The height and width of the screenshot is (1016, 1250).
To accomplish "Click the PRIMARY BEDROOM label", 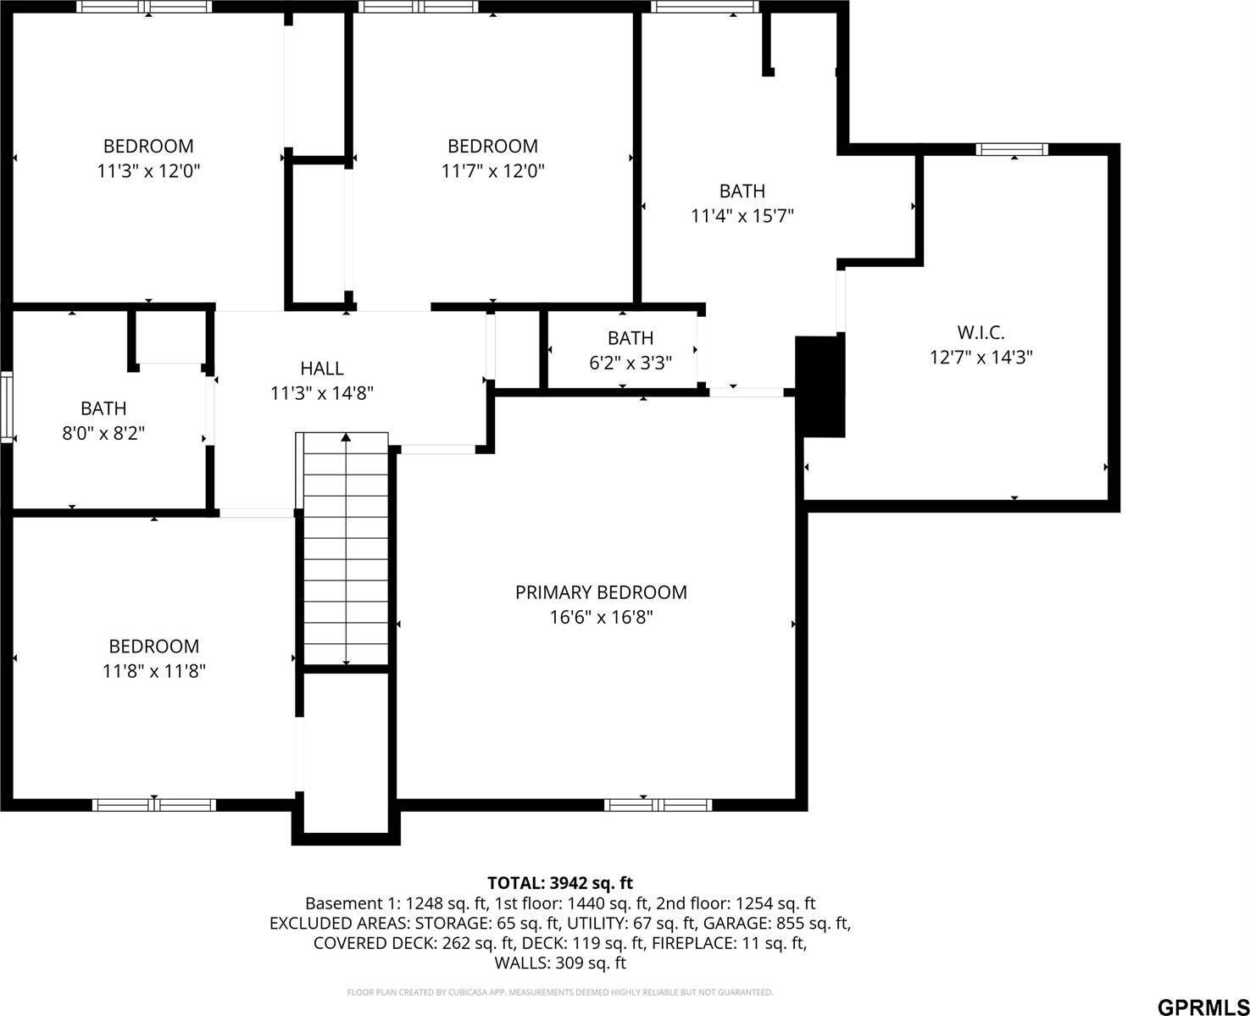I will pos(601,592).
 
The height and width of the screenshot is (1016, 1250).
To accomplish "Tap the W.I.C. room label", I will pos(981,333).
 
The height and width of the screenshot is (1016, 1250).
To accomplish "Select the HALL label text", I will pos(322,369).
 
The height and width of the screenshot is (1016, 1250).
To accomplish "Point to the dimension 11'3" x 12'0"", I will pos(148,171).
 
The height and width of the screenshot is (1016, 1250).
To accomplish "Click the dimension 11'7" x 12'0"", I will pos(492,171).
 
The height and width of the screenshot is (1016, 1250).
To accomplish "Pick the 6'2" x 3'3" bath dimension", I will pos(631,364).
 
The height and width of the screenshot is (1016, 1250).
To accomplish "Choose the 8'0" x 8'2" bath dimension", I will pos(103,433).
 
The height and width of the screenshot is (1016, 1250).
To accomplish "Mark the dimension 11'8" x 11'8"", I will pos(154,671).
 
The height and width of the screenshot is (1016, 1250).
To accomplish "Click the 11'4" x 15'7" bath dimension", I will pos(742,216).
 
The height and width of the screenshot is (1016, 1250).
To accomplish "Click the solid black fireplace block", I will pos(820,386).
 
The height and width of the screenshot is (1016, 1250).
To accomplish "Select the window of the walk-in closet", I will pos(1011,150).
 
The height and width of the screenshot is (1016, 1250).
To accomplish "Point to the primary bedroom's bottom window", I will pos(658,805).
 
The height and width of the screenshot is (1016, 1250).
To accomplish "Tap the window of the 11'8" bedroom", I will pos(153,805).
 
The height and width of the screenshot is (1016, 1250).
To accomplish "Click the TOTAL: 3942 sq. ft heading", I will pos(559,884).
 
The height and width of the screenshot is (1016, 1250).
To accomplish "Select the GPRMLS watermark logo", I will pos(1202,1008).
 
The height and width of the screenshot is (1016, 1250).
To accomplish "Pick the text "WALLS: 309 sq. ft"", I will pos(559,963).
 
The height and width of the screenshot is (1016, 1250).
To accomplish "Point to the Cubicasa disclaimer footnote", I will pos(559,992).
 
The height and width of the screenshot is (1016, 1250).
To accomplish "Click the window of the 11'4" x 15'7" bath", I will pos(704,8).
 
